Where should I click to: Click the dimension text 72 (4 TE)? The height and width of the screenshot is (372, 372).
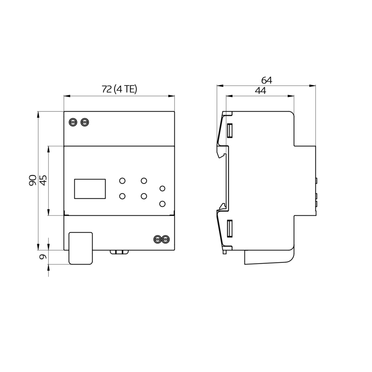pos(119,89)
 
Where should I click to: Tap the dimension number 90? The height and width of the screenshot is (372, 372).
pos(32,180)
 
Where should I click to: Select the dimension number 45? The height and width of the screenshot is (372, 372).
pos(43,180)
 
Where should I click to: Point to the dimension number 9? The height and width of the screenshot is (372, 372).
pos(43,257)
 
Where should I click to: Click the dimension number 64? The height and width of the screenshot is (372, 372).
pos(266,80)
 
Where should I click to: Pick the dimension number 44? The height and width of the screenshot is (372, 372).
pos(260,90)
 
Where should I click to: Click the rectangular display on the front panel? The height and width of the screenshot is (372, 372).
pos(90,189)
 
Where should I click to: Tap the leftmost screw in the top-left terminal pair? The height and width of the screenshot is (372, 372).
pos(74,122)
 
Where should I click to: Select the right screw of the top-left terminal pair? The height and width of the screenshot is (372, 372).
pos(85,122)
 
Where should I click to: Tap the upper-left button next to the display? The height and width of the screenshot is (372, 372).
pos(122,181)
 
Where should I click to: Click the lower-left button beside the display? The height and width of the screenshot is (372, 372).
pos(122,196)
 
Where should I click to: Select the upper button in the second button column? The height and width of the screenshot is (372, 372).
pos(144,181)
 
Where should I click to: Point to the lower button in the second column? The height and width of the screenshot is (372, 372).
pos(144,196)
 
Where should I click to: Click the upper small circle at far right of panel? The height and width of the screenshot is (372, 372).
pos(162,189)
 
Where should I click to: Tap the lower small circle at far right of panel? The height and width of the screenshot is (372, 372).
pos(162,203)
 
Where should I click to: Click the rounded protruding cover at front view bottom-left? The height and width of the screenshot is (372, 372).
pos(80,248)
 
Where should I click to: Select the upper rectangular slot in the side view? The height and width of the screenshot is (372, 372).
pos(230,130)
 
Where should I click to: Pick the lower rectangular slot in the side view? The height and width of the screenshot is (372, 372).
pos(230,228)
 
